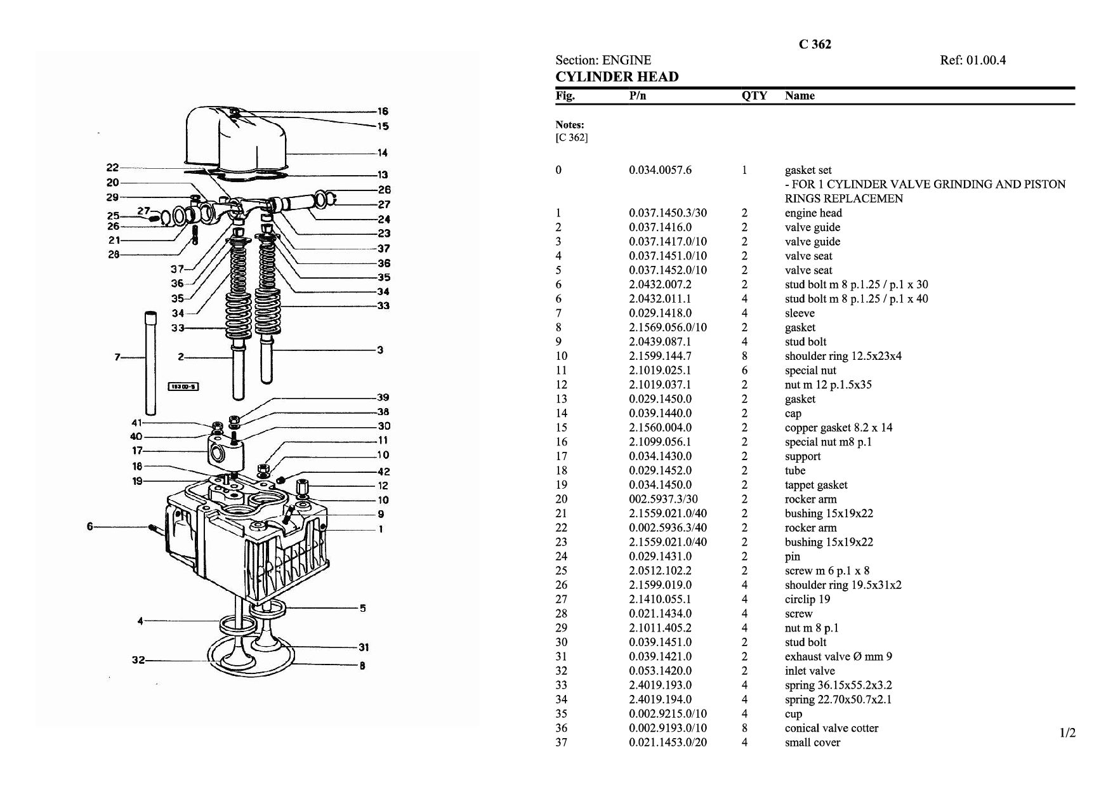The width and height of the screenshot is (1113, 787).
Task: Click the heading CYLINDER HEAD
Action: (617, 77)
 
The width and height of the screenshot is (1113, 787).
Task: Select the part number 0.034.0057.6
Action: (660, 170)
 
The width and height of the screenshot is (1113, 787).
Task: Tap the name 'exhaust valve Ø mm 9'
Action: (838, 656)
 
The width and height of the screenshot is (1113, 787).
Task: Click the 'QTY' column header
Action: (754, 96)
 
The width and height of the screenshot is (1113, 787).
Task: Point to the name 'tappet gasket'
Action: (816, 485)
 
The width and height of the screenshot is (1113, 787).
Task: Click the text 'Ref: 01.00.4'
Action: (973, 60)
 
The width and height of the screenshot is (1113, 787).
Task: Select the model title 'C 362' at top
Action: (815, 44)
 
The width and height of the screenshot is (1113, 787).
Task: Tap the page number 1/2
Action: (1068, 733)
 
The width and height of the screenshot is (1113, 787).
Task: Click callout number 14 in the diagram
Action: (383, 152)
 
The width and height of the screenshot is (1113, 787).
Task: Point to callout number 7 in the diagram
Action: (117, 357)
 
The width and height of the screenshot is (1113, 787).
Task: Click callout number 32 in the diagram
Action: (138, 659)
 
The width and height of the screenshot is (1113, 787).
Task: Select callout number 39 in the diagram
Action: (383, 397)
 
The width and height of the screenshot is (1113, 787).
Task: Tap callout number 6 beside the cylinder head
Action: (90, 526)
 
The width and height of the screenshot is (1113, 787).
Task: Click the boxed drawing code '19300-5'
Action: (183, 387)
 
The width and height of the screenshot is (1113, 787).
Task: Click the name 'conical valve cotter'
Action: (831, 728)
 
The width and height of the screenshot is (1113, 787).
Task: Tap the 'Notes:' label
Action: (570, 125)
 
